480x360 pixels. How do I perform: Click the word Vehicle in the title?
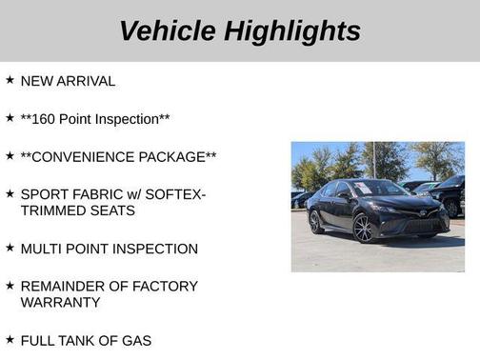pos(167,30)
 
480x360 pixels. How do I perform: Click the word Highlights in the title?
pos(291,30)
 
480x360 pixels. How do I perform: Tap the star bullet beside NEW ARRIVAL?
pos(10,81)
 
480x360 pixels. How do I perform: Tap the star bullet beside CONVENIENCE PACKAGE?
pos(10,155)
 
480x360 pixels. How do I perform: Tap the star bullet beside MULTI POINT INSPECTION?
pos(10,248)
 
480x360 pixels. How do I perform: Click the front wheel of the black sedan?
pos(364,228)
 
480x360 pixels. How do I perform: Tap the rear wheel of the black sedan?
pos(316,222)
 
